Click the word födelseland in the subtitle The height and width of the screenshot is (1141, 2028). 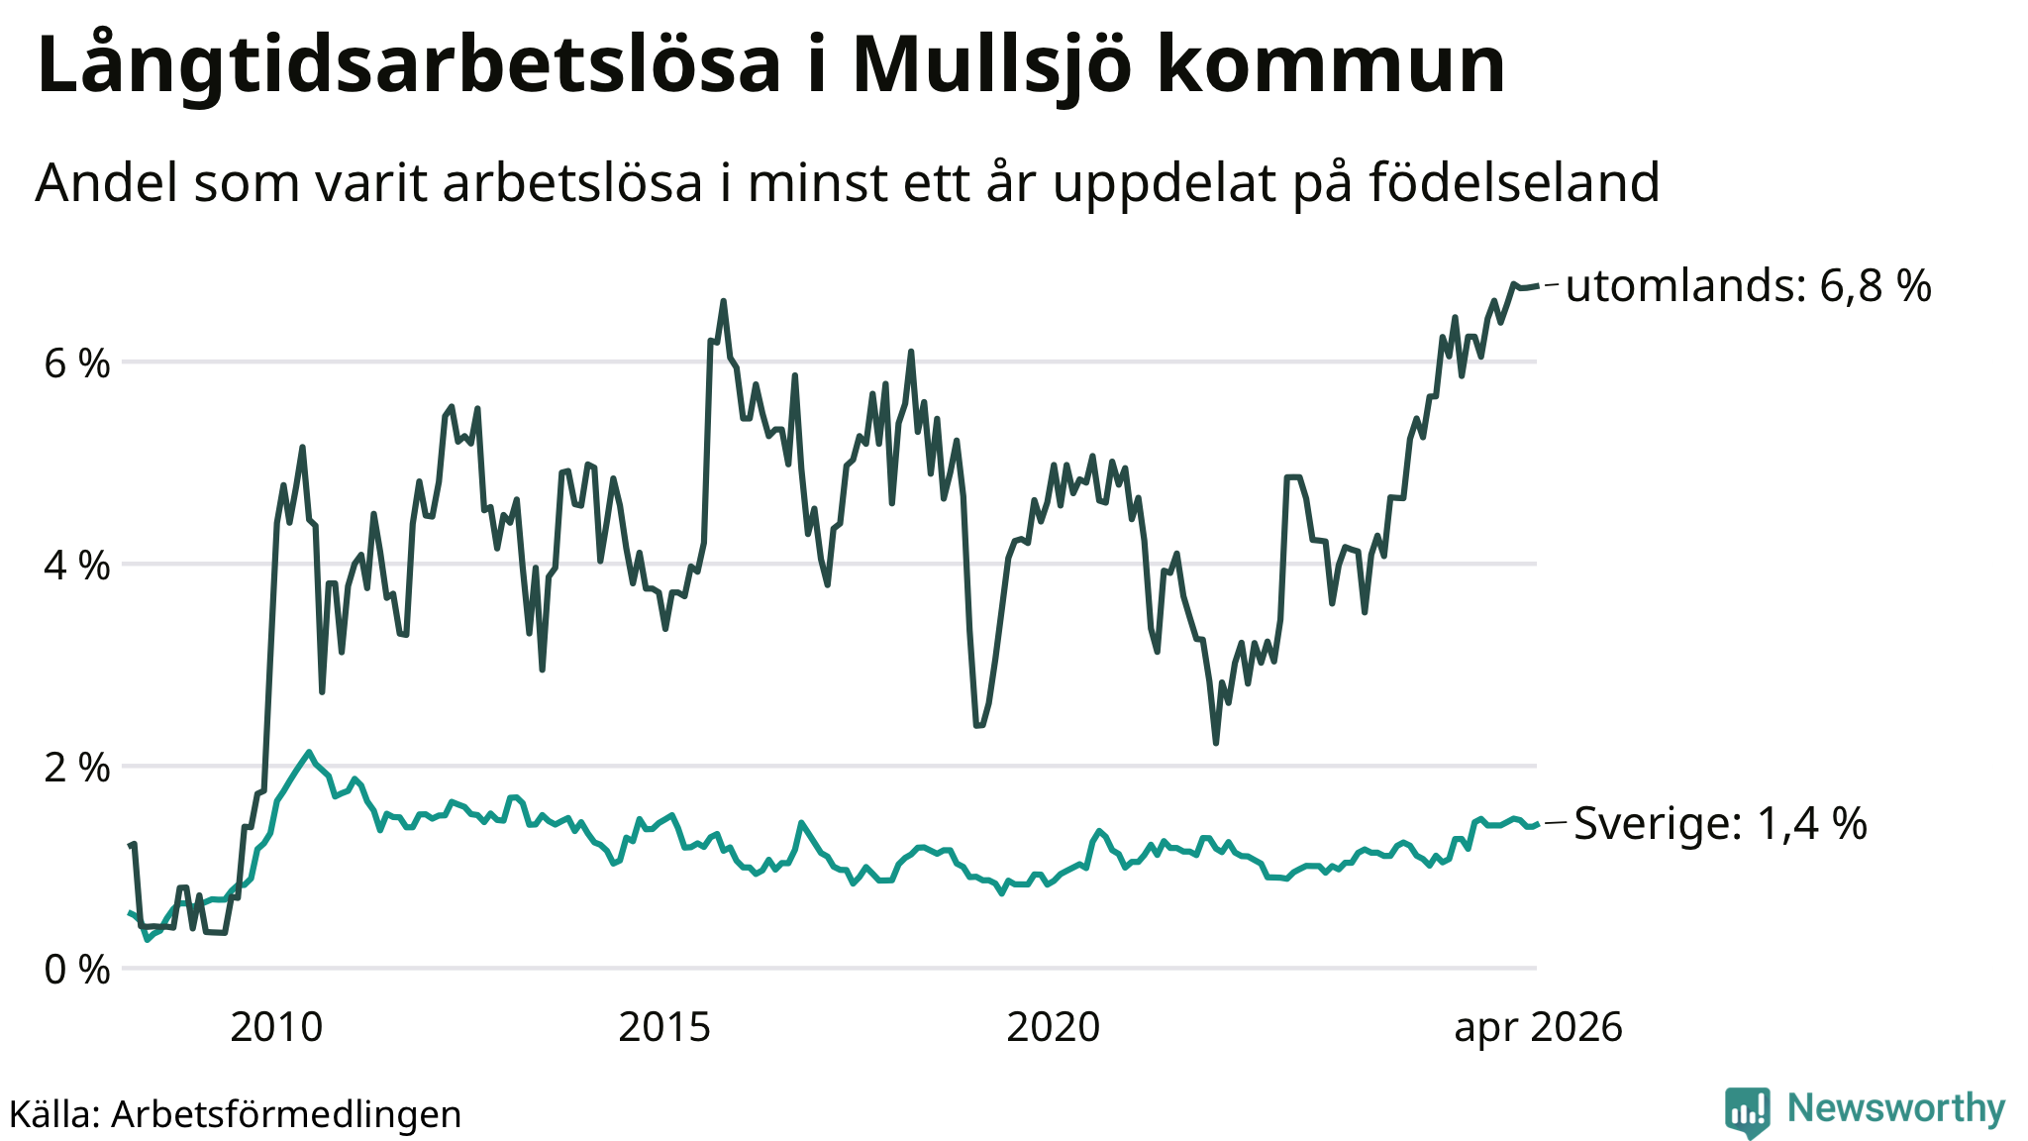(1515, 182)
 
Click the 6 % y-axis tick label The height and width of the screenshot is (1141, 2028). (76, 363)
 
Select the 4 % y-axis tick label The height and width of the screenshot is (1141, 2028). (76, 566)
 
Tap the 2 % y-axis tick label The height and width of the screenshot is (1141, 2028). (76, 768)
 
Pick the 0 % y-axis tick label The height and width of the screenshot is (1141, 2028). (76, 970)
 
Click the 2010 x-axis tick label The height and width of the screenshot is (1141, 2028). (276, 1027)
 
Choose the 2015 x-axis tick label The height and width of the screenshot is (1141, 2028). (664, 1027)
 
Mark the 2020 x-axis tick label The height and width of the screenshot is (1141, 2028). (1054, 1027)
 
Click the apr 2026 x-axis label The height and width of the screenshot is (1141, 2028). (1538, 1027)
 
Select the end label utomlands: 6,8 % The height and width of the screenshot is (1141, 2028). (1749, 285)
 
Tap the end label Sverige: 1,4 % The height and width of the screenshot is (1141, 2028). (1721, 823)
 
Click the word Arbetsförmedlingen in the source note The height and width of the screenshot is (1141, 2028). (286, 1114)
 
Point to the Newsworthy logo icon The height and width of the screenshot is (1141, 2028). (1748, 1112)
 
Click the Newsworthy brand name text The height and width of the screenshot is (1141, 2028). (1896, 1108)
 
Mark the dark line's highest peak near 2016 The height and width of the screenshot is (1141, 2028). (723, 300)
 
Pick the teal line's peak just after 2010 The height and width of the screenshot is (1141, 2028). (309, 752)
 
